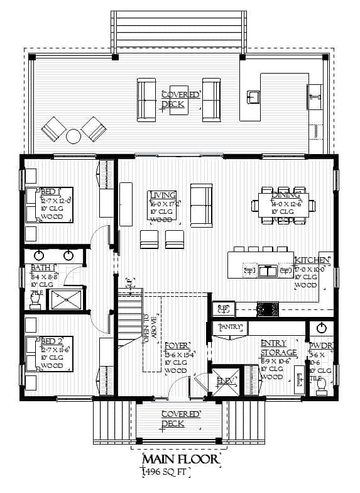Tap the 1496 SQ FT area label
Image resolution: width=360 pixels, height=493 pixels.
[166, 472]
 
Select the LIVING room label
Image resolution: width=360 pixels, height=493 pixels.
[162, 195]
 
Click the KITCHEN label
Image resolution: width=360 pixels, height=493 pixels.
[312, 260]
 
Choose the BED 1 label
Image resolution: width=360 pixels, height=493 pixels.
[50, 191]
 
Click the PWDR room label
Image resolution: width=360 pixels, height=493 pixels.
[319, 346]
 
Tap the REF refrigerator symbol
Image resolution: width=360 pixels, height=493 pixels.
[224, 308]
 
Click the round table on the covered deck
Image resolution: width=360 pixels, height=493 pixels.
[74, 136]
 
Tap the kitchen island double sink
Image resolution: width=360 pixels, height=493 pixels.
[268, 271]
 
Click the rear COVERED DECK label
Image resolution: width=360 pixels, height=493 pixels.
[181, 99]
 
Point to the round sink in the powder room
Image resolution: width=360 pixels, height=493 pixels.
[322, 328]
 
